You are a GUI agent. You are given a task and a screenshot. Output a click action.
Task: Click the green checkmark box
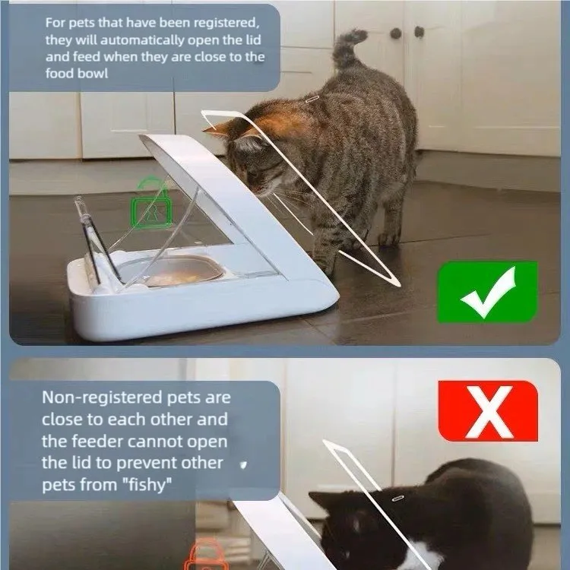coord(487,292)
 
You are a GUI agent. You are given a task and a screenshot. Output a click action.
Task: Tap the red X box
coord(488,410)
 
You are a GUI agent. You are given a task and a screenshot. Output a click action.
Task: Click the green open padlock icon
coord(151,202)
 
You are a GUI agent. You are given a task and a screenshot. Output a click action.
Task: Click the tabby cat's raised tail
coord(347,47)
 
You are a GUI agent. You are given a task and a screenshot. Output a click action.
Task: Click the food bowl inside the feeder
coord(171,270)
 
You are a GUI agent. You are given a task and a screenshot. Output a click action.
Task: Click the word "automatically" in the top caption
coord(142,40)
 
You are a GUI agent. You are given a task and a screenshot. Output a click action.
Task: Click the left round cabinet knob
coord(395,33)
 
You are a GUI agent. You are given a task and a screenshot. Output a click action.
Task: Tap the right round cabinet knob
coord(419,32)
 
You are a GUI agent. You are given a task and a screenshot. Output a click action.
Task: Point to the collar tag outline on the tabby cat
coord(312,99)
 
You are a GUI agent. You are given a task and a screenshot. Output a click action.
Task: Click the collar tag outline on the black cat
coord(397,497)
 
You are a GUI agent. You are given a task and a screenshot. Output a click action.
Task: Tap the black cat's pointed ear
coord(320,500)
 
